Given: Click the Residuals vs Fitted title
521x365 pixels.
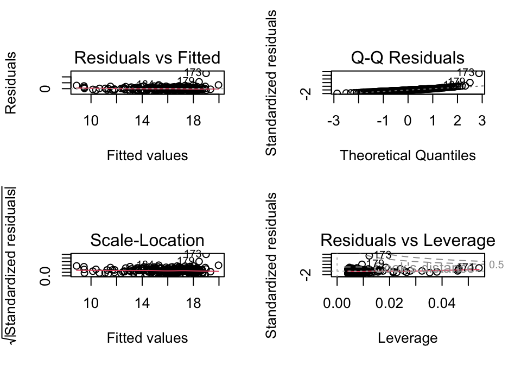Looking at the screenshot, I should [147, 58].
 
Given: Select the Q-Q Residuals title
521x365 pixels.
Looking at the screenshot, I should [407, 58].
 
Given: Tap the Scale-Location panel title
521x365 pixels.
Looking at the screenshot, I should [147, 240].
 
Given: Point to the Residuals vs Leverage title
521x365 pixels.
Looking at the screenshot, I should [408, 240].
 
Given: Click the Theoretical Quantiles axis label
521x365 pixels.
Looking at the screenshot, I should [408, 155].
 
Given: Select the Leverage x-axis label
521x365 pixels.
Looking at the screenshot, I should [408, 338].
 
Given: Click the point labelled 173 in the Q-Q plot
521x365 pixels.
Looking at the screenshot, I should [479, 73].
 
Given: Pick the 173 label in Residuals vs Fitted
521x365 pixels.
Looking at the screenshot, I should [193, 72].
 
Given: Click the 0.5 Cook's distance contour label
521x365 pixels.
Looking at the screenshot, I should [496, 265].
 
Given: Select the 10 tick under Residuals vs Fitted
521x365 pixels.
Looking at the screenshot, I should [91, 121].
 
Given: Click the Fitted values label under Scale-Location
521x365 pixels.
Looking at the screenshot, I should [147, 338].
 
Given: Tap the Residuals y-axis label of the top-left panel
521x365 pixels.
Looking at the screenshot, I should [10, 83].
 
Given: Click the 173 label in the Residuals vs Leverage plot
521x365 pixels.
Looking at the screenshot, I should [383, 255].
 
